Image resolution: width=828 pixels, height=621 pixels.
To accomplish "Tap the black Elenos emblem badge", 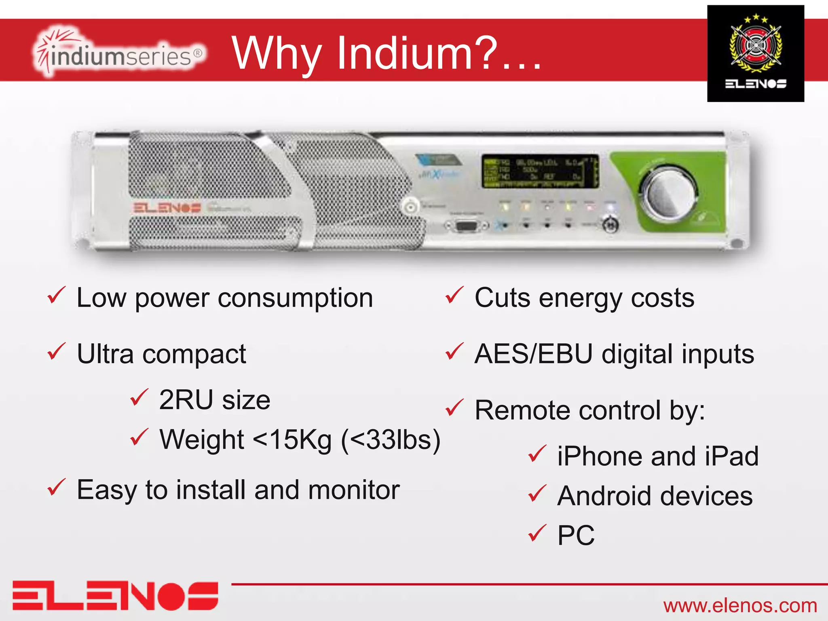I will (x=755, y=53).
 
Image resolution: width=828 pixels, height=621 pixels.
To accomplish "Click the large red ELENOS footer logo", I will (x=115, y=596).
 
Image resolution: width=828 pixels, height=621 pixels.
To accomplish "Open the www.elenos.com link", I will (x=740, y=606).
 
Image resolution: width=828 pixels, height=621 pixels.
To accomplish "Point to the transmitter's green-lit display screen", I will (x=540, y=171).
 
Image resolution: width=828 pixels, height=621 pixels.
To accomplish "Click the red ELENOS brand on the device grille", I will (x=167, y=208).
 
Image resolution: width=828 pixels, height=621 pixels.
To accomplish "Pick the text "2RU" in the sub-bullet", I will (x=186, y=400).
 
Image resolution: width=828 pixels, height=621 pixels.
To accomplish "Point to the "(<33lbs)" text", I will (x=391, y=439).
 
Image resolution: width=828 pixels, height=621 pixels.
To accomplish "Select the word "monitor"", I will (x=354, y=490).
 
